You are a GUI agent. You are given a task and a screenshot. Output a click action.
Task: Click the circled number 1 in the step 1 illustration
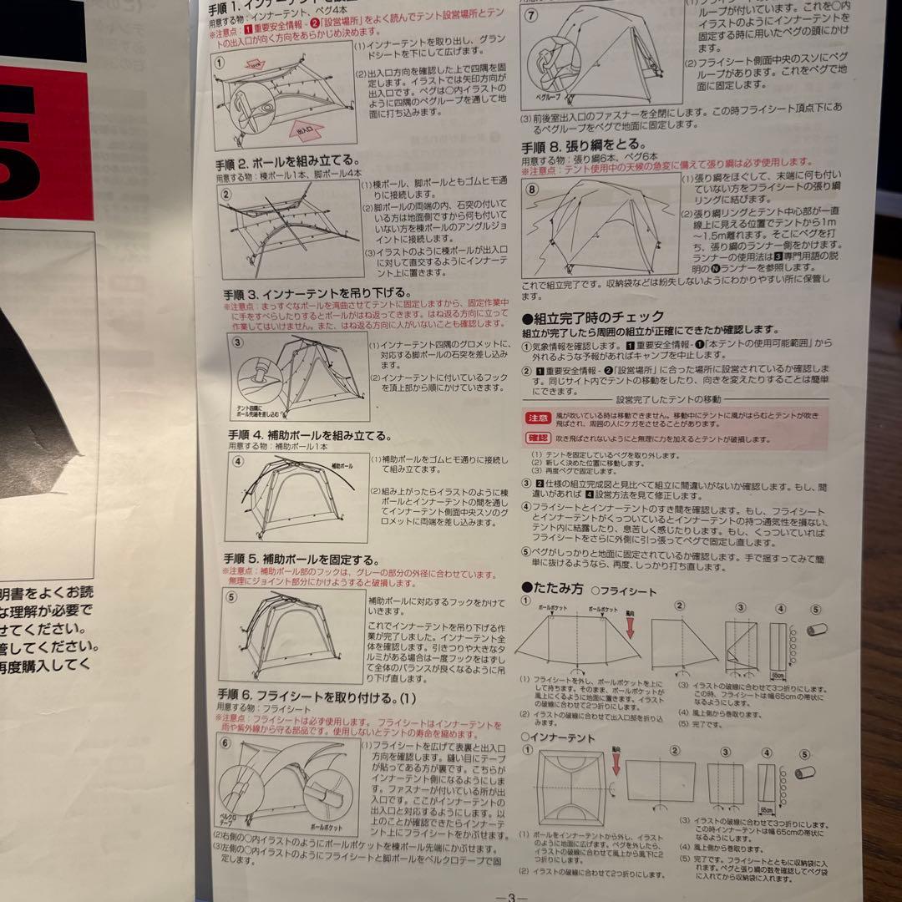(x=220, y=62)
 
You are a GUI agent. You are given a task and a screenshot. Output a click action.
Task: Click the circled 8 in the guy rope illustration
(x=534, y=190)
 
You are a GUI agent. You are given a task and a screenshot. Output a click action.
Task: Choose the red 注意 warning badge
(x=538, y=417)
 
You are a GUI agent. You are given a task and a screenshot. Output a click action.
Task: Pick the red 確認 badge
(x=538, y=438)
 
